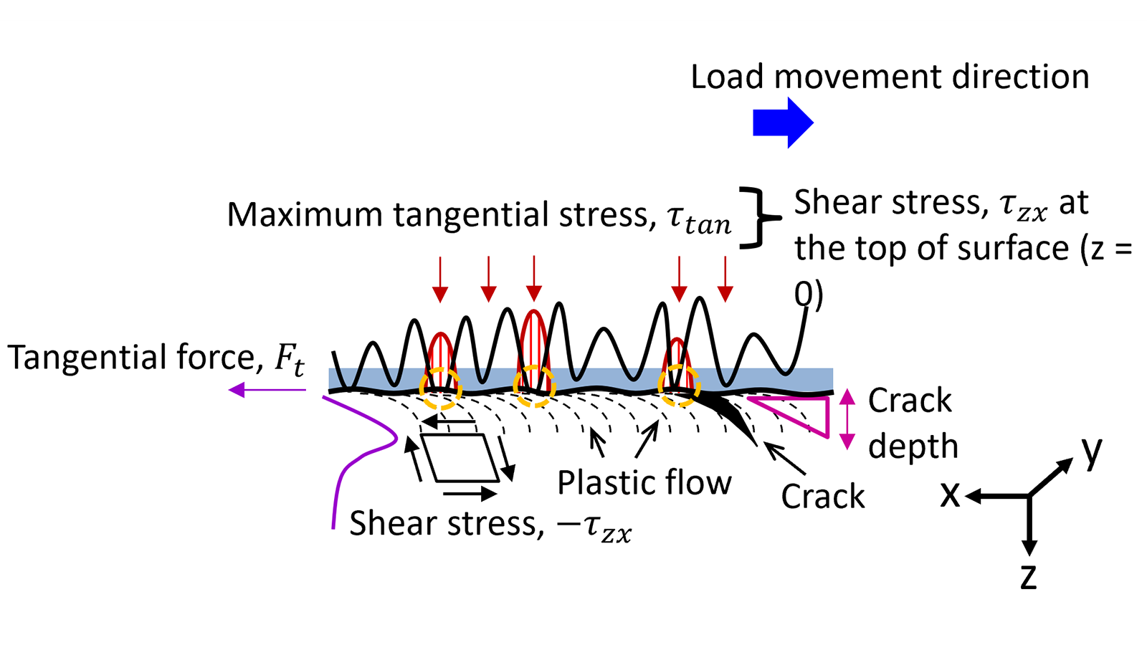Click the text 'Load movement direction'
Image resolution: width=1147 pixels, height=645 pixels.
(890, 77)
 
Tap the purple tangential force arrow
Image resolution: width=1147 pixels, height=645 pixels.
(267, 390)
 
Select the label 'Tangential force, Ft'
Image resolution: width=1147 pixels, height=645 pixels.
(156, 358)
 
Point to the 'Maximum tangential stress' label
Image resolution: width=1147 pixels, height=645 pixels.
(480, 215)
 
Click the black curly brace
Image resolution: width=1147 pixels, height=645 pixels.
(761, 218)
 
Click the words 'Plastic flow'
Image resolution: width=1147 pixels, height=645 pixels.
(644, 483)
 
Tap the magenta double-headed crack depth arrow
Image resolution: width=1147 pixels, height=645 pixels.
(847, 419)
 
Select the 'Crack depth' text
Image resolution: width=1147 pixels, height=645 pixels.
(913, 424)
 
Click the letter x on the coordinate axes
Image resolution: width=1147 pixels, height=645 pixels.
(951, 495)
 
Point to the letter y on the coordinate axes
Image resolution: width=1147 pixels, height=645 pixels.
(1092, 451)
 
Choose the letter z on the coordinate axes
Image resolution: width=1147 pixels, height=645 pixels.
(1028, 578)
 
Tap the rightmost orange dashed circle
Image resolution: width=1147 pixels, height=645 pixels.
(678, 386)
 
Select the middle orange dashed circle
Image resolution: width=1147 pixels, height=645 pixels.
(534, 386)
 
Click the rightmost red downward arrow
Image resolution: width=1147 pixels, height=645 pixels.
(725, 279)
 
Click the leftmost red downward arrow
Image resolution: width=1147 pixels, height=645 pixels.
(440, 279)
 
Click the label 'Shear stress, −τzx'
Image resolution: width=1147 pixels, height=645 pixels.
(490, 525)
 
